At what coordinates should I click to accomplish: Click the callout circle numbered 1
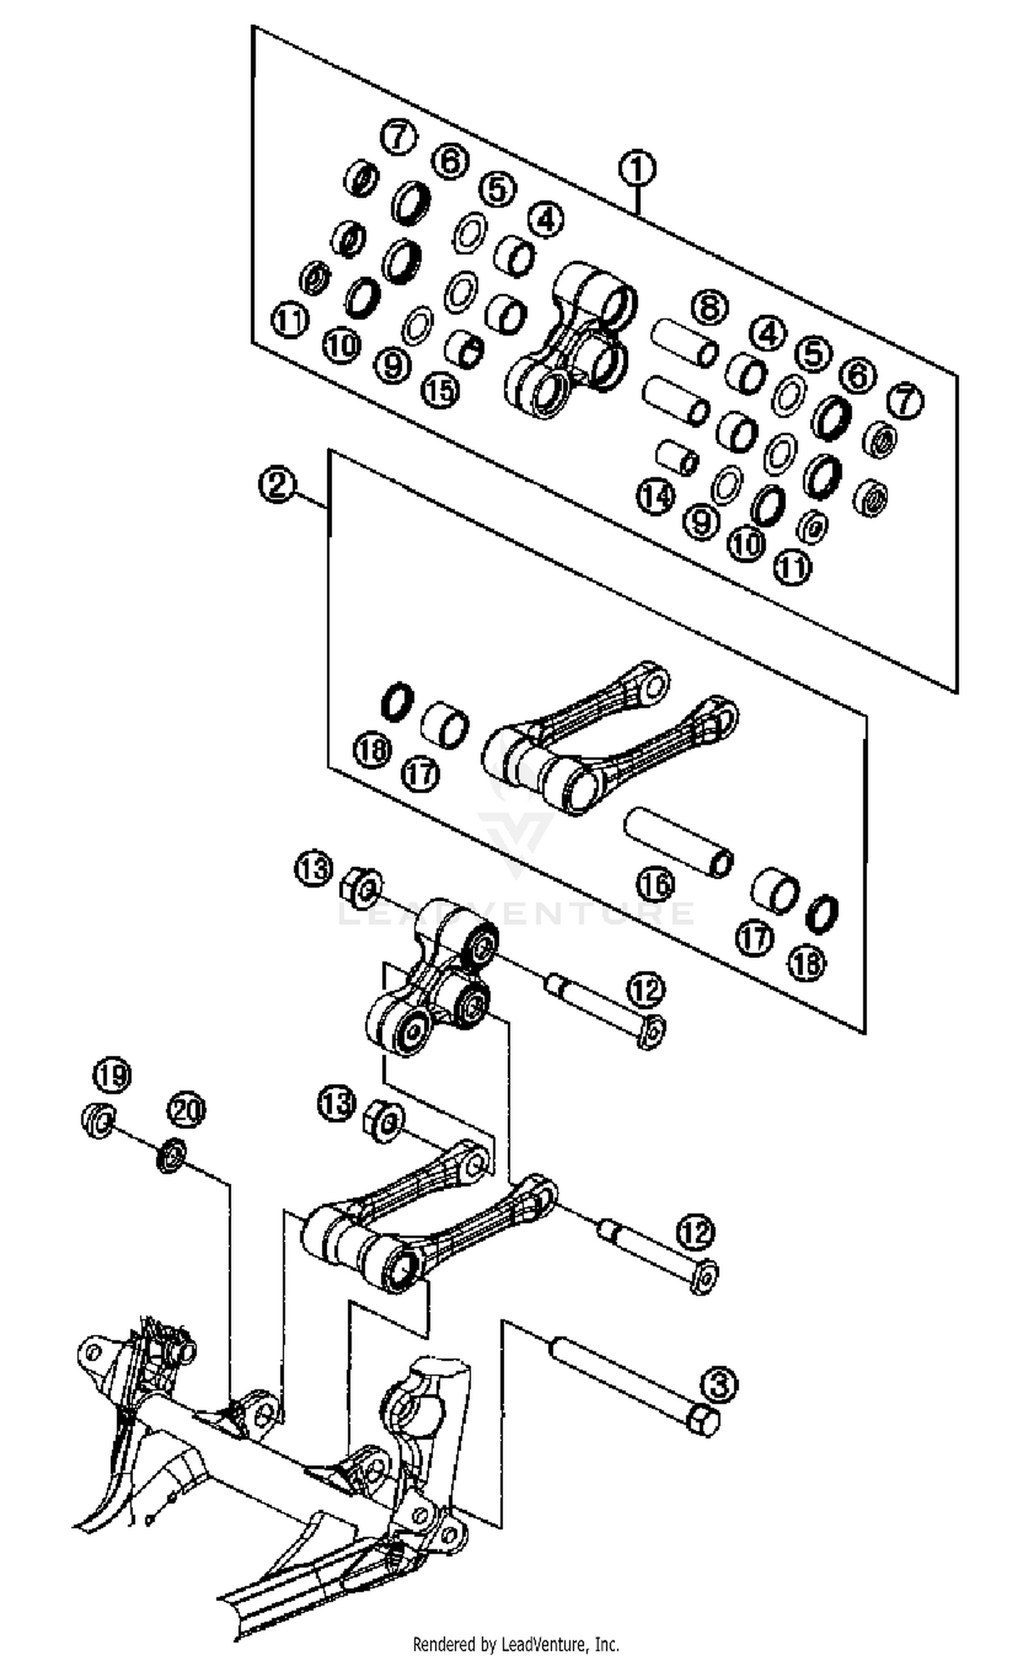pyautogui.click(x=637, y=169)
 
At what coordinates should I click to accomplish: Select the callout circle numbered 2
pyautogui.click(x=277, y=485)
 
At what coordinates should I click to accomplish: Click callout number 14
pyautogui.click(x=655, y=496)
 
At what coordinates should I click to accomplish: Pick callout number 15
pyautogui.click(x=440, y=391)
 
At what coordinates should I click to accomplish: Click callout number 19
pyautogui.click(x=112, y=1074)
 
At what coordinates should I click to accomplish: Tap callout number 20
pyautogui.click(x=187, y=1110)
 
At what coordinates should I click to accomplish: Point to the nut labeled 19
pyautogui.click(x=97, y=1121)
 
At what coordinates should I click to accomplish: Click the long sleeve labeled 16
pyautogui.click(x=678, y=842)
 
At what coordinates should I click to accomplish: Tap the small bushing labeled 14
pyautogui.click(x=677, y=456)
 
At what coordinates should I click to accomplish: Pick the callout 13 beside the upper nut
pyautogui.click(x=314, y=868)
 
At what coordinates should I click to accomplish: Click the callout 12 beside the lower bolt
pyautogui.click(x=696, y=1231)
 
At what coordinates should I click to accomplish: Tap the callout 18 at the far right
pyautogui.click(x=806, y=963)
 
